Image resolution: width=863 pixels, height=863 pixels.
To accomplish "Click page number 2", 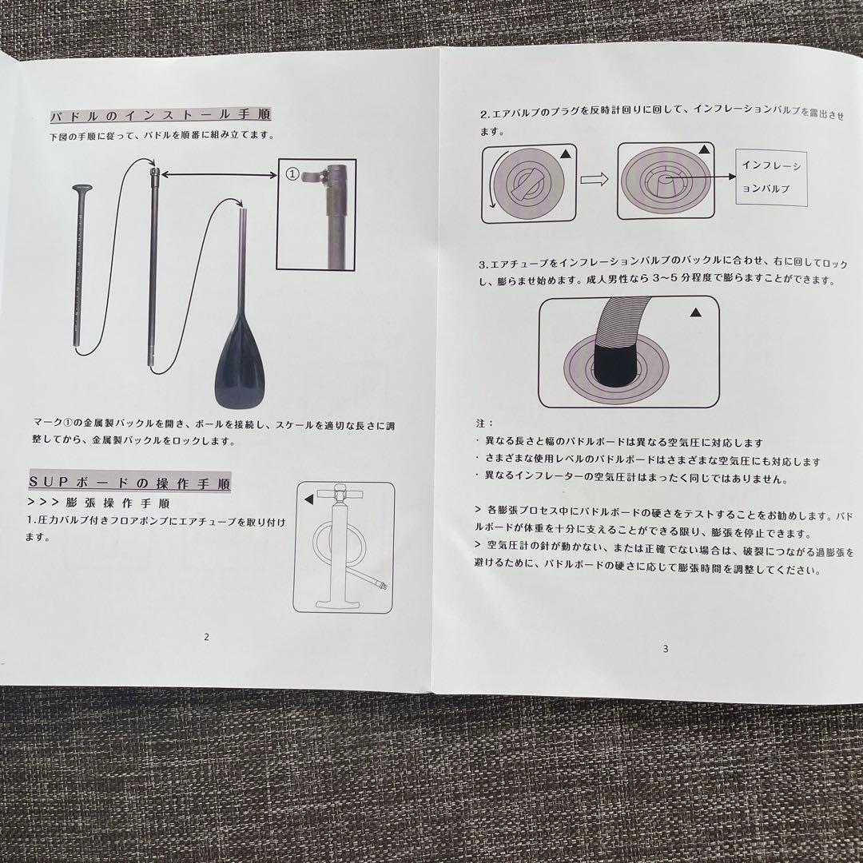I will (206, 637).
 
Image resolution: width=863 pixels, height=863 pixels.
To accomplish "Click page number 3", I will (665, 649).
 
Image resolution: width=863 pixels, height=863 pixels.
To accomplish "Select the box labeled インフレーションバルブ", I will (772, 177).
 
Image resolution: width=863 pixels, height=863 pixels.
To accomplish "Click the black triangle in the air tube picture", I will (695, 313).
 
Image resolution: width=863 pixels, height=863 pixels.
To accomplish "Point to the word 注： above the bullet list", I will (484, 423).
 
